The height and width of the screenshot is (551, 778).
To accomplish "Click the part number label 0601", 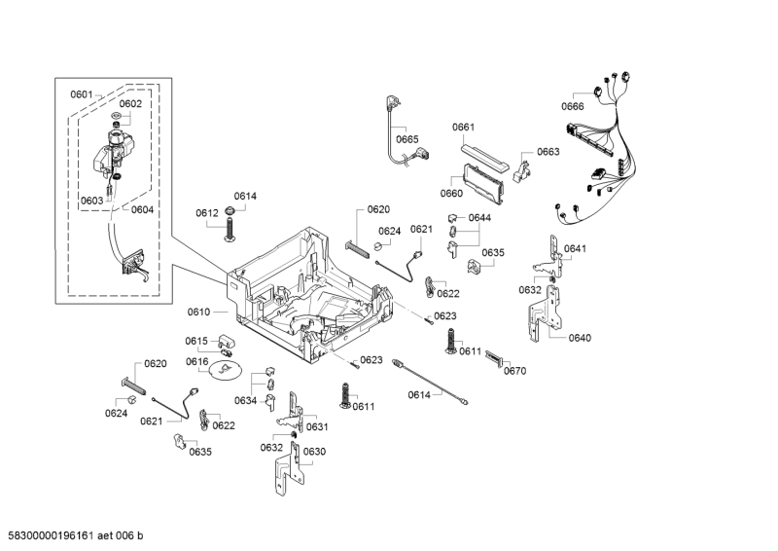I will (81, 94).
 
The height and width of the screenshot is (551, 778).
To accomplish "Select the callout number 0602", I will (130, 103).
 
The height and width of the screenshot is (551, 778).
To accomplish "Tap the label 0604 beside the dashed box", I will (142, 209).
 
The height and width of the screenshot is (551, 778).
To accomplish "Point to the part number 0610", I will (198, 312).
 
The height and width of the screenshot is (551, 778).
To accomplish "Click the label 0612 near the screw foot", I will (206, 213).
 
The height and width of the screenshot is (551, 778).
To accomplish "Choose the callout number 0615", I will (197, 341).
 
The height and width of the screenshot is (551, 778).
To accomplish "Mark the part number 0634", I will (245, 400).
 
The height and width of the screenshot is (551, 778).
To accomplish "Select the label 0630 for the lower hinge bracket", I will (314, 452).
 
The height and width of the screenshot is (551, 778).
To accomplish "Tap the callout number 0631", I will (317, 427).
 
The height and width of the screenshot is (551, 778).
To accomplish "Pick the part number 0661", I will (463, 128).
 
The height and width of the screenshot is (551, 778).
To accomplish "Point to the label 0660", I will (451, 193).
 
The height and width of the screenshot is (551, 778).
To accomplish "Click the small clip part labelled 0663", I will (522, 171).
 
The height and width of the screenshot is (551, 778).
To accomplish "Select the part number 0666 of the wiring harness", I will (573, 107).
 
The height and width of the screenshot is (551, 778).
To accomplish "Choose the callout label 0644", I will (480, 218).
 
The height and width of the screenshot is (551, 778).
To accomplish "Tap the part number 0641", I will (575, 249).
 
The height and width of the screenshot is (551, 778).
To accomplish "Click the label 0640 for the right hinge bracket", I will (580, 338).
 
